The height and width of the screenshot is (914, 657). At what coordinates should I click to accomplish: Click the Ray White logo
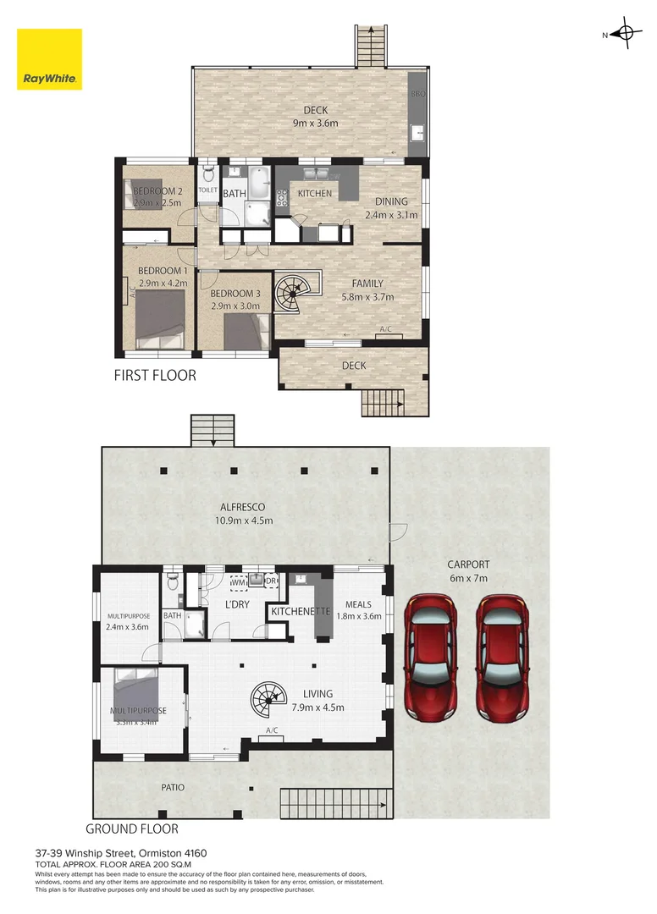(x=50, y=59)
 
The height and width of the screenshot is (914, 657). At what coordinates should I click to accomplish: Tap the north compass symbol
(x=626, y=35)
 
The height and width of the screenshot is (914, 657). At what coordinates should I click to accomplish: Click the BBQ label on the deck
(x=417, y=94)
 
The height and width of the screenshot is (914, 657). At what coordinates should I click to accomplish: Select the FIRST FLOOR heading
(x=155, y=375)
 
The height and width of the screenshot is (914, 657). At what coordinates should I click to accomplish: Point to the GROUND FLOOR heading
(x=132, y=829)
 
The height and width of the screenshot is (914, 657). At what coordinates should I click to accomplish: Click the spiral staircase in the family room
(x=293, y=293)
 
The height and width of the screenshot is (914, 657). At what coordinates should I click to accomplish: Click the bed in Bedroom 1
(x=160, y=315)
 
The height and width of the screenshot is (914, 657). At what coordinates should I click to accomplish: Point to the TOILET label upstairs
(x=208, y=190)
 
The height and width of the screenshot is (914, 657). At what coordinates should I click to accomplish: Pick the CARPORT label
(x=468, y=564)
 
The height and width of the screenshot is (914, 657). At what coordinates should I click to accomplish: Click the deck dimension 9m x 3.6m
(x=316, y=124)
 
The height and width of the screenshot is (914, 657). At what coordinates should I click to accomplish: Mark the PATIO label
(x=172, y=787)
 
